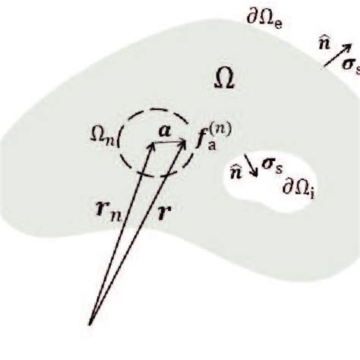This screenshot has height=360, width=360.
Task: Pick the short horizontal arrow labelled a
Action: click(x=169, y=144)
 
